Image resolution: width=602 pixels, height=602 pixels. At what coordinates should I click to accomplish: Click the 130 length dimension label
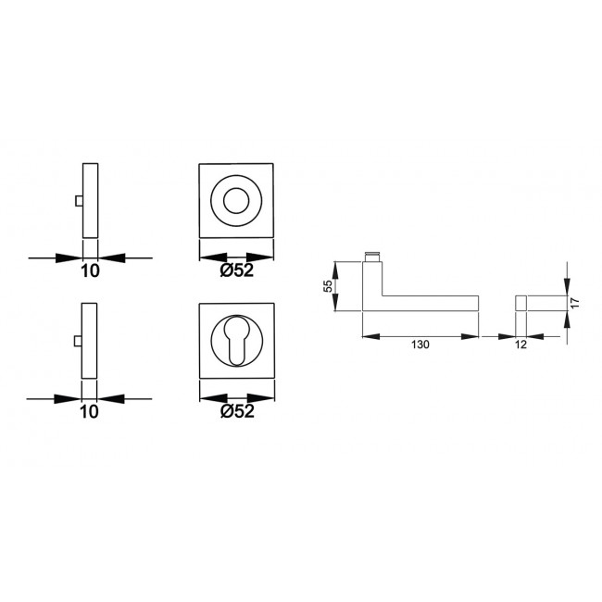pyautogui.click(x=420, y=345)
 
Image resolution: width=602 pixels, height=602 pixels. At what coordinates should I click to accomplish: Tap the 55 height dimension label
pyautogui.click(x=328, y=286)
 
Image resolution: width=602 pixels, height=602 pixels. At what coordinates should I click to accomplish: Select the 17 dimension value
pyautogui.click(x=574, y=303)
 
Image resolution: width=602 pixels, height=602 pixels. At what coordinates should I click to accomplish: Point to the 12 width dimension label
pyautogui.click(x=520, y=345)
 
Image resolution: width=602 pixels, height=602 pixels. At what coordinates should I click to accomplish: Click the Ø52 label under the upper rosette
pyautogui.click(x=237, y=270)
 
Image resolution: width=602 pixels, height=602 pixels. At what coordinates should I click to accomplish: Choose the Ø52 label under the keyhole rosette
pyautogui.click(x=237, y=411)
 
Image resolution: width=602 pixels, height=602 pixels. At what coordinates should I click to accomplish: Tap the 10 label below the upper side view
pyautogui.click(x=90, y=271)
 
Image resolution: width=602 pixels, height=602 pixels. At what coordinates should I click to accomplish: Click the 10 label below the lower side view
pyautogui.click(x=89, y=412)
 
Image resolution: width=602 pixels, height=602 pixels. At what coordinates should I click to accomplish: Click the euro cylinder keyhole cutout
pyautogui.click(x=236, y=340)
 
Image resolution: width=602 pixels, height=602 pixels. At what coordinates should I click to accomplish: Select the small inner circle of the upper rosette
pyautogui.click(x=236, y=201)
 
